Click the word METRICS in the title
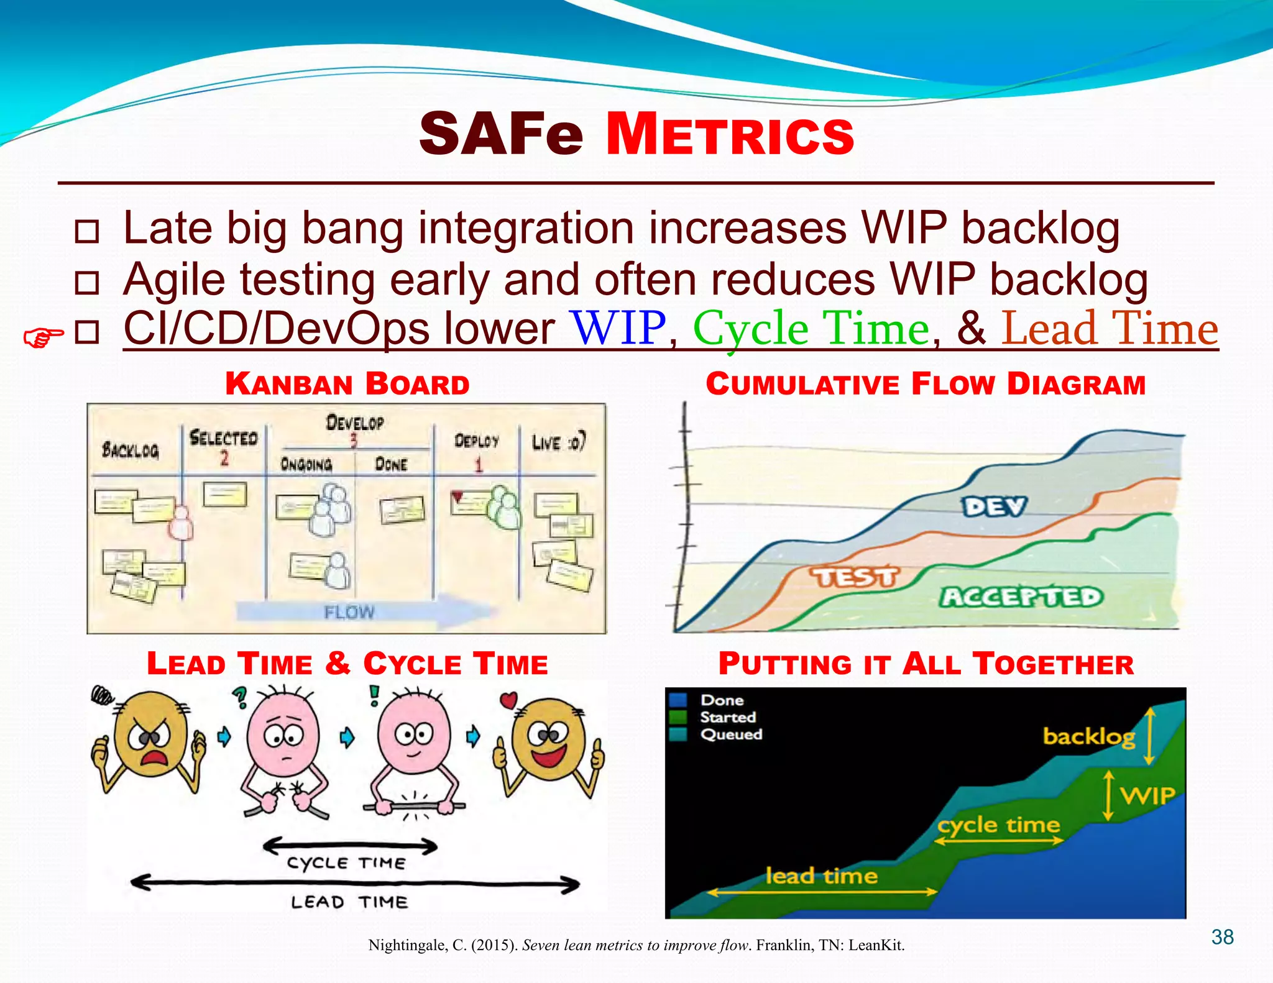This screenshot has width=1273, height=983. pos(730,135)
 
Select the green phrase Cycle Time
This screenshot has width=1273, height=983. pos(811,329)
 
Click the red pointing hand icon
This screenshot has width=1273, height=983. pos(43,337)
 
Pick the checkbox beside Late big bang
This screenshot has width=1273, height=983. pos(86,231)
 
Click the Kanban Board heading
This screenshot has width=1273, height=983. pos(347,384)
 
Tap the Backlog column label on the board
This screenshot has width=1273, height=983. pos(131,449)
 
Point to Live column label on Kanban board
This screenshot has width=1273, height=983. pos(558,442)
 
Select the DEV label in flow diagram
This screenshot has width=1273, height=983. pos(994,506)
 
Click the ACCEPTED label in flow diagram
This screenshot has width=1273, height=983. pos(1021,597)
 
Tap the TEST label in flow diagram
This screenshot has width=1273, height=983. pos(855,577)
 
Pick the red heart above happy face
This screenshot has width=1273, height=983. pos(508,700)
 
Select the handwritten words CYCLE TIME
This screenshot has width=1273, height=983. pos(346,862)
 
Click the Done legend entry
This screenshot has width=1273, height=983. pos(722,700)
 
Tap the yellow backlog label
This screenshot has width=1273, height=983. pos(1088,737)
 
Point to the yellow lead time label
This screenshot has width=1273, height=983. pos(821,876)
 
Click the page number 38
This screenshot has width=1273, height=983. pos(1222,937)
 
